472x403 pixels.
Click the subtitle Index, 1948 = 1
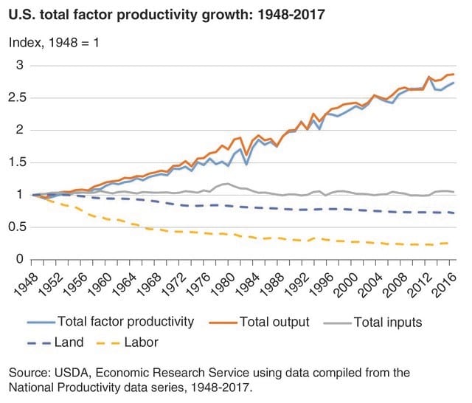tap(53, 42)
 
